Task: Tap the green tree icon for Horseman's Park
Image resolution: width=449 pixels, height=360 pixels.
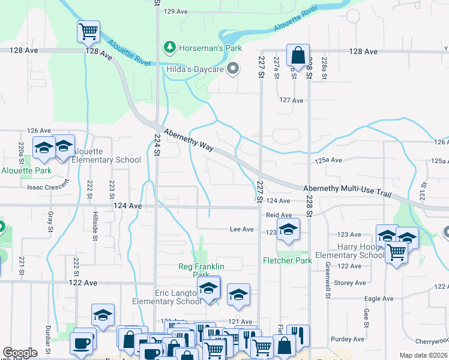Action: [170, 46]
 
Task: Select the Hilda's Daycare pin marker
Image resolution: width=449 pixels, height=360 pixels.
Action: [234, 70]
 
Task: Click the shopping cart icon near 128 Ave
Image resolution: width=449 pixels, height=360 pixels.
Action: [88, 31]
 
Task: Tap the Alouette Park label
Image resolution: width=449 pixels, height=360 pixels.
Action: [26, 170]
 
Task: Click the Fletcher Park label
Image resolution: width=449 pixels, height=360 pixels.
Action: [287, 260]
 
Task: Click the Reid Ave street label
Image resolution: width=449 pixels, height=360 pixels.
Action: [279, 215]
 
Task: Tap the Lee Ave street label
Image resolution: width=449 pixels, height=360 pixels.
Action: [242, 229]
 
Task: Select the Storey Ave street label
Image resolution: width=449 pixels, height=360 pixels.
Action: [350, 283]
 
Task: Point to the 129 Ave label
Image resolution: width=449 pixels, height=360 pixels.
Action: [176, 11]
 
